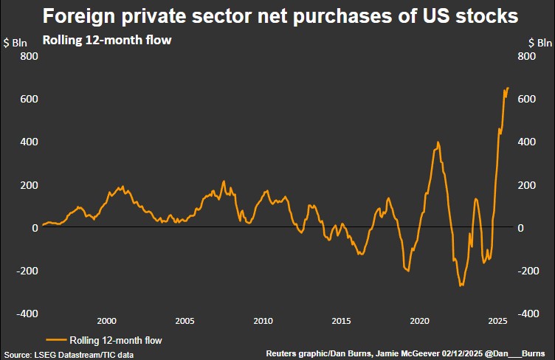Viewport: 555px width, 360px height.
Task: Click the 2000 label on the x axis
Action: [106, 321]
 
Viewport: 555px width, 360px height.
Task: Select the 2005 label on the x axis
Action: [185, 321]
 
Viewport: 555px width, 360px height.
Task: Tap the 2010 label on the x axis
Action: [263, 321]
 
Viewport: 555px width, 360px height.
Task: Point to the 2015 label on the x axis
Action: [341, 321]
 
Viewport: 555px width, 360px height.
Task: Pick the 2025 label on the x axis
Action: [497, 321]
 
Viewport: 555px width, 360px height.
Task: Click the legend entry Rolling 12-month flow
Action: [115, 340]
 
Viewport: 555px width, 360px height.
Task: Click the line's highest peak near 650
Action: [507, 88]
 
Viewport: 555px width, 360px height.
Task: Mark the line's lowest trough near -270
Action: [461, 285]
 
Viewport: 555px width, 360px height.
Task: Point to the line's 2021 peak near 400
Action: [438, 142]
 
